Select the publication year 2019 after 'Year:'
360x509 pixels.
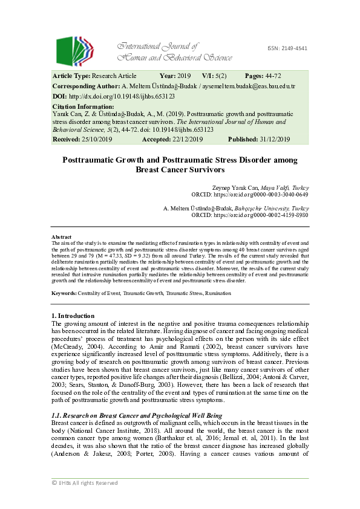(185, 76)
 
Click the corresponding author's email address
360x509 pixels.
(260, 86)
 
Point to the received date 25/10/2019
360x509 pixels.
(97, 139)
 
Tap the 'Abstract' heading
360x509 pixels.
(62, 237)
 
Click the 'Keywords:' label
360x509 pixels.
(64, 293)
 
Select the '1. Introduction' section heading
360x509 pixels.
(73, 316)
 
